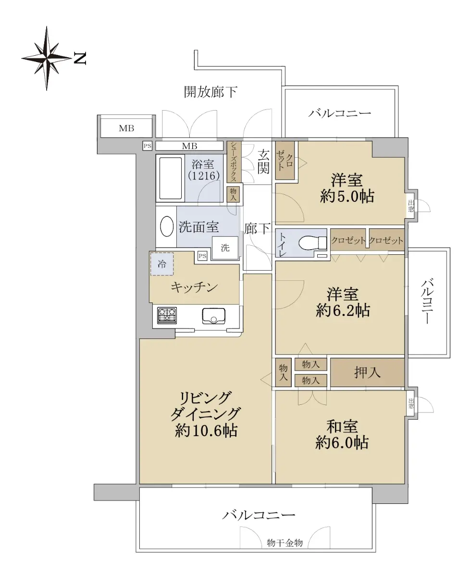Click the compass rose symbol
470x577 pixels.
pyautogui.click(x=47, y=58)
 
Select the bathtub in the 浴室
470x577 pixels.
pyautogui.click(x=170, y=178)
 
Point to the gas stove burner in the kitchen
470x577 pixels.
pyautogui.click(x=167, y=315)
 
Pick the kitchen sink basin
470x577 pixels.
pyautogui.click(x=213, y=316)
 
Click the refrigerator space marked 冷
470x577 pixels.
pyautogui.click(x=162, y=264)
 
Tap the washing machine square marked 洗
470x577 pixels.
pyautogui.click(x=225, y=248)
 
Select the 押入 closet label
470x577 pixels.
pyautogui.click(x=367, y=373)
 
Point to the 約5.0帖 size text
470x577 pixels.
pyautogui.click(x=347, y=196)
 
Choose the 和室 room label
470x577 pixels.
pyautogui.click(x=342, y=426)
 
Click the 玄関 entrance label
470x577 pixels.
pyautogui.click(x=263, y=162)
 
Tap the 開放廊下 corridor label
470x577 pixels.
pyautogui.click(x=211, y=92)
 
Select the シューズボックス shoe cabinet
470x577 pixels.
pyautogui.click(x=234, y=162)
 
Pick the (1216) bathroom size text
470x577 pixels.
pyautogui.click(x=204, y=176)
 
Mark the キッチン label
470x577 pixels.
pyautogui.click(x=194, y=288)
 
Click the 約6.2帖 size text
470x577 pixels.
pyautogui.click(x=343, y=311)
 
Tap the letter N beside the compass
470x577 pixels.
pyautogui.click(x=80, y=59)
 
